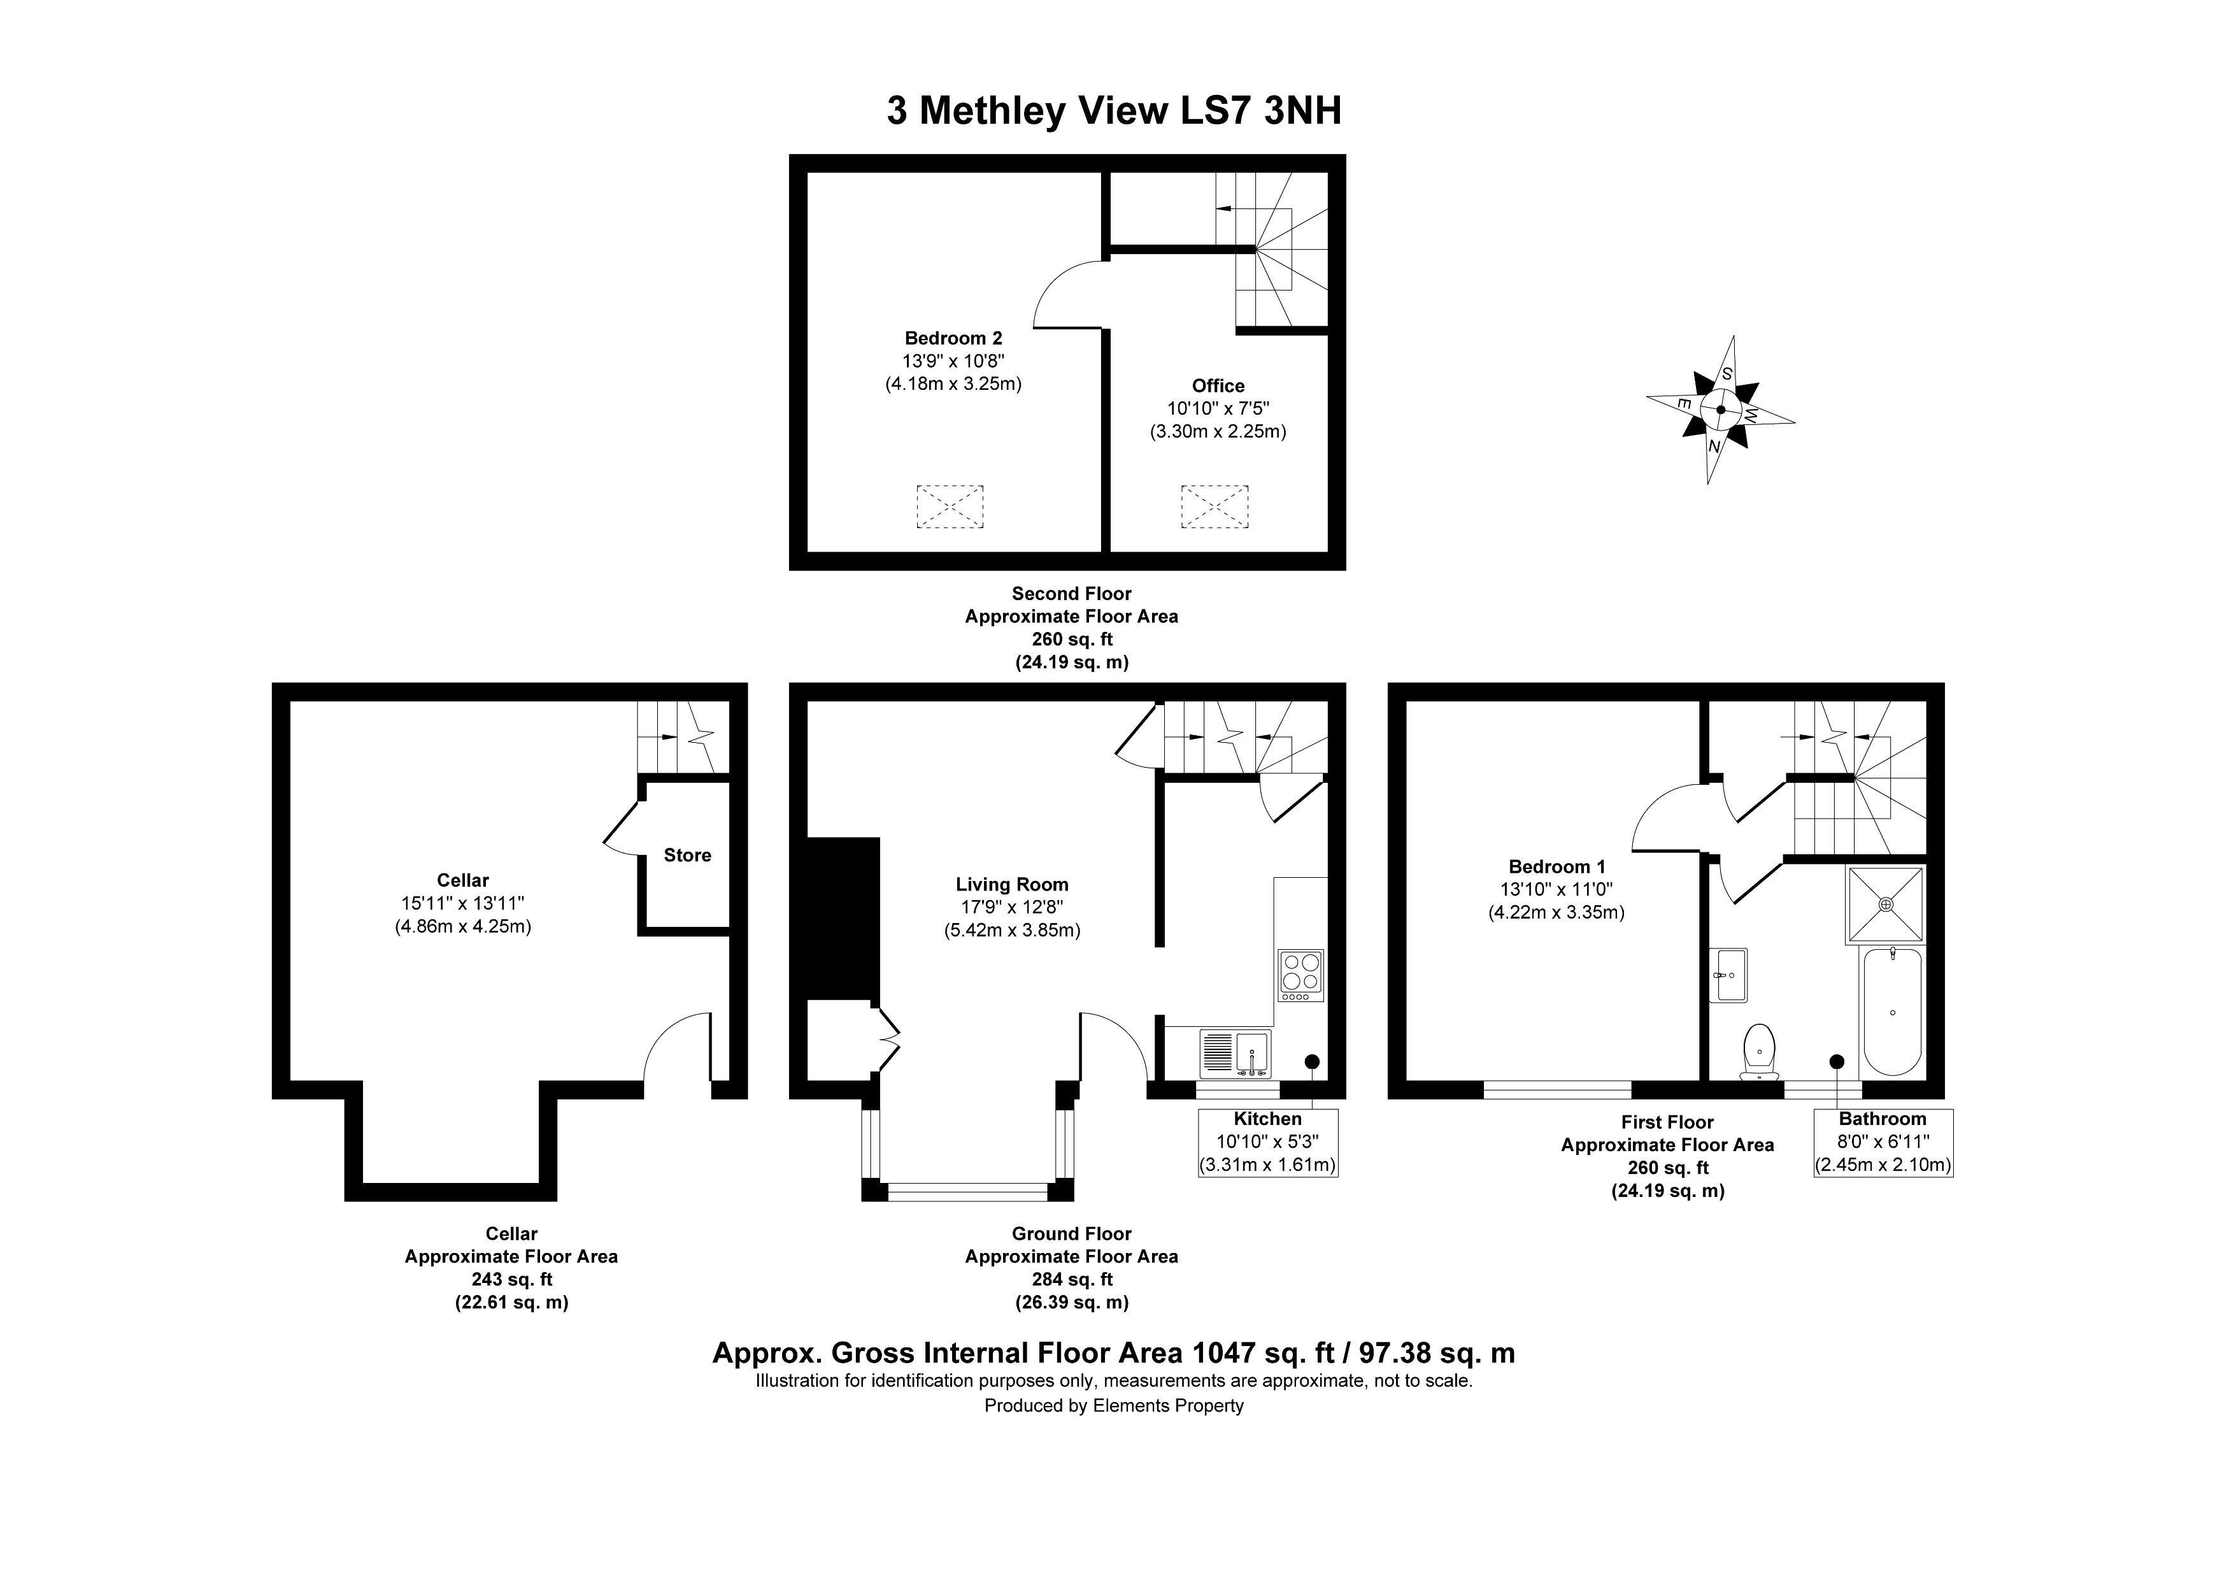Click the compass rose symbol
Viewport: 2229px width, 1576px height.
click(1720, 410)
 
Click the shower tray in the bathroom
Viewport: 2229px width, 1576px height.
click(1885, 904)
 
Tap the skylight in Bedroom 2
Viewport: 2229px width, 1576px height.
click(950, 506)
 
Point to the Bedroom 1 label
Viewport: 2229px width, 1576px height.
click(1556, 866)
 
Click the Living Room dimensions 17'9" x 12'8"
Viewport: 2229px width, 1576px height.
click(1011, 907)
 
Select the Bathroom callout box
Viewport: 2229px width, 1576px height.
click(1883, 1142)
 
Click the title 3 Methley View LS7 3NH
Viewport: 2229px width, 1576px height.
click(1113, 111)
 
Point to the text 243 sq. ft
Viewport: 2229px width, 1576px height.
click(511, 1279)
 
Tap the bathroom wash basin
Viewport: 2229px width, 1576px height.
click(1729, 974)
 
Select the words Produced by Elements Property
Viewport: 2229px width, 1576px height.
click(1113, 1405)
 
